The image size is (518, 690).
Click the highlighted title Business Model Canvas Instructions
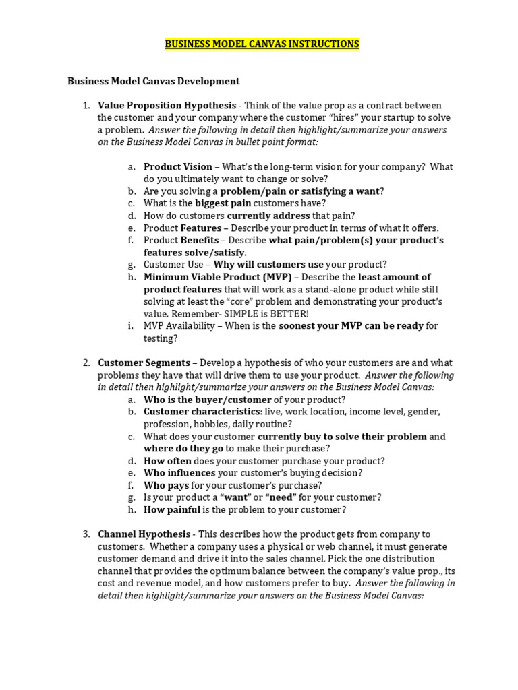(x=262, y=44)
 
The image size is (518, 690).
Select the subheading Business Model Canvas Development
(x=153, y=81)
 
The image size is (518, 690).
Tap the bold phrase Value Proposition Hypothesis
(x=167, y=105)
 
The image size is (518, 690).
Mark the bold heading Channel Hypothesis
(x=143, y=534)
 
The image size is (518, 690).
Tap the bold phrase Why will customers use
(x=268, y=264)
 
